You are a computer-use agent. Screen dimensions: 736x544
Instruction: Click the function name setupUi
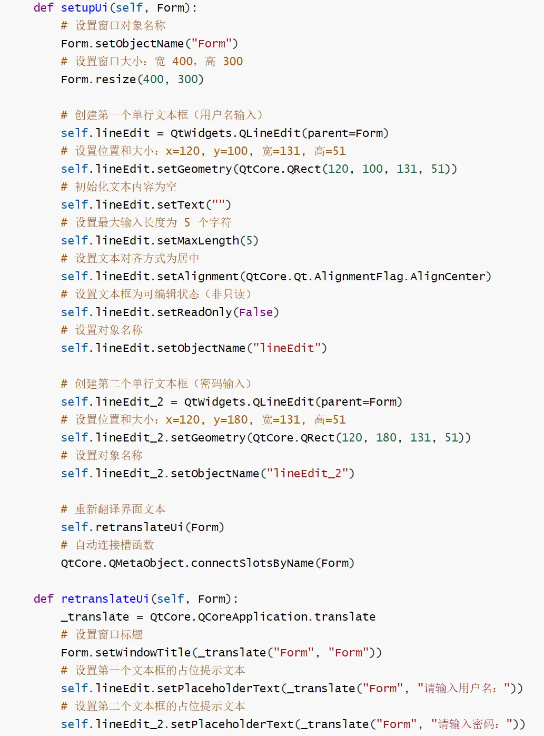(x=84, y=8)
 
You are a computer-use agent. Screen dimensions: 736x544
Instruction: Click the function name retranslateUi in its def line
(x=105, y=599)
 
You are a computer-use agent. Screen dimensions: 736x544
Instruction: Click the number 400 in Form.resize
(x=153, y=80)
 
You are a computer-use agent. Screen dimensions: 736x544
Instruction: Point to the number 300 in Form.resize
(x=187, y=80)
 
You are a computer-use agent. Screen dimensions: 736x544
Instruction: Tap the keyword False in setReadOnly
(x=256, y=312)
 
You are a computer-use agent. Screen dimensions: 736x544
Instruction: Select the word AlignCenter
(x=447, y=277)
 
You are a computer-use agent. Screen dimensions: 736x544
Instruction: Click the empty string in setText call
(x=218, y=205)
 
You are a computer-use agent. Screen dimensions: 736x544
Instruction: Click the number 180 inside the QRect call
(x=386, y=438)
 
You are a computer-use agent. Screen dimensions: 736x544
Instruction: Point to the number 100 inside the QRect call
(x=372, y=169)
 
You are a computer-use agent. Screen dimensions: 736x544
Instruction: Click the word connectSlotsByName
(x=252, y=563)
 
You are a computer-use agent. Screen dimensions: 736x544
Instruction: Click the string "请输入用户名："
(x=463, y=689)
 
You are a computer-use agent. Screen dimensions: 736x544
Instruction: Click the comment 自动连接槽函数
(x=114, y=545)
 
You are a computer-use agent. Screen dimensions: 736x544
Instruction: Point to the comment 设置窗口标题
(x=108, y=635)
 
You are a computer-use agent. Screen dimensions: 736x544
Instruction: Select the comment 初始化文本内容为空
(x=125, y=187)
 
